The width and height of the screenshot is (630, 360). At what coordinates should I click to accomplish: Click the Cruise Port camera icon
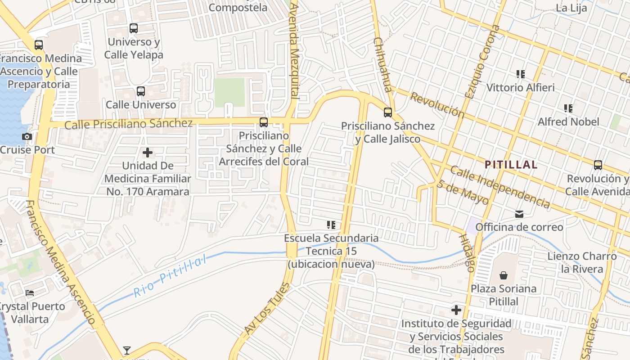tap(27, 136)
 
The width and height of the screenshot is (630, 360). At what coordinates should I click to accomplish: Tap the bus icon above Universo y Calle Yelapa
tap(134, 28)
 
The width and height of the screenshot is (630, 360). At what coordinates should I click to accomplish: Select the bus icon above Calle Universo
tap(141, 91)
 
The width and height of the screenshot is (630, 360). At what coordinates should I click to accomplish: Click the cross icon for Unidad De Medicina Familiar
tap(147, 153)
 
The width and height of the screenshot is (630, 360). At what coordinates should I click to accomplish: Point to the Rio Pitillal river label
tap(171, 276)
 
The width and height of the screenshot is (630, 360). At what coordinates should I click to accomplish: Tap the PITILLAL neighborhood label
tap(511, 165)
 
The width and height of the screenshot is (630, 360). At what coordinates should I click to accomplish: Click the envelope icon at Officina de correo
tap(519, 214)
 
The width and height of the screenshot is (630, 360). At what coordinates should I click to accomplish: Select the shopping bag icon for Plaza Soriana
tap(504, 275)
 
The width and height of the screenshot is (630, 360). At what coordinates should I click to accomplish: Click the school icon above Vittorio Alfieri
tap(521, 74)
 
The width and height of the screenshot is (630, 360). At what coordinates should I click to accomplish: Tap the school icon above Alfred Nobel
tap(568, 108)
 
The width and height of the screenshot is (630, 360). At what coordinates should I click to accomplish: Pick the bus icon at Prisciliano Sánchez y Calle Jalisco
tap(387, 112)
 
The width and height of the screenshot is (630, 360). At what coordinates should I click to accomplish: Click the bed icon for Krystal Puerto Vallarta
tap(30, 293)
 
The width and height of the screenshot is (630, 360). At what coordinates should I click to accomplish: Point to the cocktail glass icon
tap(127, 350)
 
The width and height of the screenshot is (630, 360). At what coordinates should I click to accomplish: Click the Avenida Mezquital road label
tap(294, 50)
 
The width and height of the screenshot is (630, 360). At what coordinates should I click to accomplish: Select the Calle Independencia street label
tap(499, 187)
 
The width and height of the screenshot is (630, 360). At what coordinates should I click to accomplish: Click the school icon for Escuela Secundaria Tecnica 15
tap(331, 225)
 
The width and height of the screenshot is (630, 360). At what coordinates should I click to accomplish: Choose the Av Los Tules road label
tap(267, 309)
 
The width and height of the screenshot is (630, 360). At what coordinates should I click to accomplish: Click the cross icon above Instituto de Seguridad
tap(456, 310)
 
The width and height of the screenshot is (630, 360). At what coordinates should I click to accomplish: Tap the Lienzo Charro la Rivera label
tap(582, 262)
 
